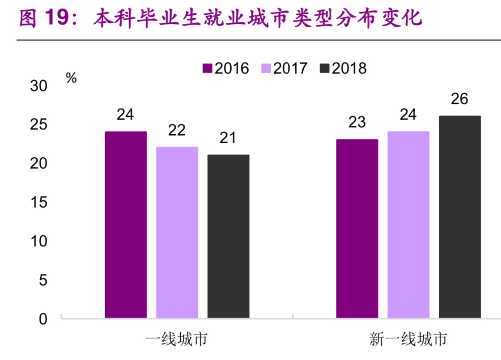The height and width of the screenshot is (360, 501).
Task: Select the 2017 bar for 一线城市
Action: [177, 232]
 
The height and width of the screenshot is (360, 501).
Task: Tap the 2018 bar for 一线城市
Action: [228, 236]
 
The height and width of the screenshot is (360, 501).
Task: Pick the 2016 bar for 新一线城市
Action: [357, 229]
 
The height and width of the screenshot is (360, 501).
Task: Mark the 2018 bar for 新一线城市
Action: [460, 217]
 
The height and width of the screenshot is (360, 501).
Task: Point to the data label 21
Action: [228, 138]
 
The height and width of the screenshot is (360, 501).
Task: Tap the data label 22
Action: [177, 130]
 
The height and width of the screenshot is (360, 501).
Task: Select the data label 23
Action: [357, 122]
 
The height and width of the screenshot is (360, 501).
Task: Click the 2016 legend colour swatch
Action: [208, 69]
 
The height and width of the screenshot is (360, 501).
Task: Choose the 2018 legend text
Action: [349, 69]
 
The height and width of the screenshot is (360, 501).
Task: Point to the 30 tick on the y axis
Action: [38, 86]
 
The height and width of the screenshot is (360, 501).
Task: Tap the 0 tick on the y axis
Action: [43, 319]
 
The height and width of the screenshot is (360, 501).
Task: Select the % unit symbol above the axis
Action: [71, 78]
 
